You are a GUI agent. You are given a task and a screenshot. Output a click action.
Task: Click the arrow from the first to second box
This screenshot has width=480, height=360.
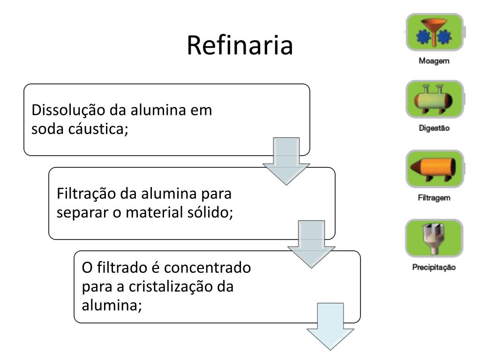coord(286,160)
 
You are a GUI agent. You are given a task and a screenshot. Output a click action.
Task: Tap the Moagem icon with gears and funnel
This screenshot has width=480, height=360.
coord(434,32)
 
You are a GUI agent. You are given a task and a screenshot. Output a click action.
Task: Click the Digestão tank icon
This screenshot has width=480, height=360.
coord(434,99)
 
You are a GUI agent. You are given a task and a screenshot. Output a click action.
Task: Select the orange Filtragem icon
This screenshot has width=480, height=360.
coord(434,168)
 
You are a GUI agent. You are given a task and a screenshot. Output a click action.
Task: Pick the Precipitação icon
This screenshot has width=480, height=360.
coord(434,238)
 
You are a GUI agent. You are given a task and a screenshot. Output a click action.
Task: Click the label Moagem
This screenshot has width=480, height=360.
coord(434,61)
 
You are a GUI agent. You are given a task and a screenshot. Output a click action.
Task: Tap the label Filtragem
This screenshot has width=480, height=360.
coord(434,198)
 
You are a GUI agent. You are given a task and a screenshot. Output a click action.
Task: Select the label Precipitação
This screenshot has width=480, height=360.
coord(434,268)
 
